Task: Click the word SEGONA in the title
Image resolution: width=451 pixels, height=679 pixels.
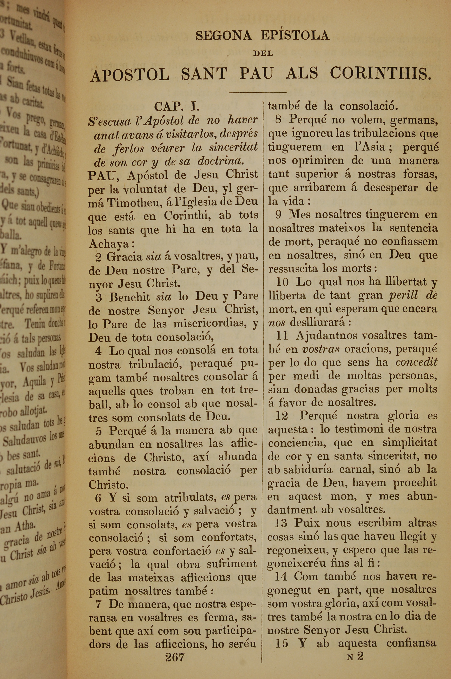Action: coord(223,36)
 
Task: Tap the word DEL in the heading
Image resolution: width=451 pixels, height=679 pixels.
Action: coord(263,53)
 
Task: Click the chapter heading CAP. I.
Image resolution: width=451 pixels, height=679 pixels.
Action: coord(177,107)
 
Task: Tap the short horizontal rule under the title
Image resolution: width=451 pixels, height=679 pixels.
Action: coord(258,92)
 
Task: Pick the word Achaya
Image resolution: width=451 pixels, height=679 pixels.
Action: coord(109,244)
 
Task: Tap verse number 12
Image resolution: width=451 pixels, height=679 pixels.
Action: coord(282,416)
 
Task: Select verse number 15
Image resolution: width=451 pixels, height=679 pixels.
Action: coord(282,635)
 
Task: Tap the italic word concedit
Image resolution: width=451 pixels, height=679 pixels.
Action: coord(416,362)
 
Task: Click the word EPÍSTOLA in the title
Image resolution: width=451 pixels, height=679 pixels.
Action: coord(295,35)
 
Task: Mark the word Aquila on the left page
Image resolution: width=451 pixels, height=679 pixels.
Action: coord(35,382)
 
